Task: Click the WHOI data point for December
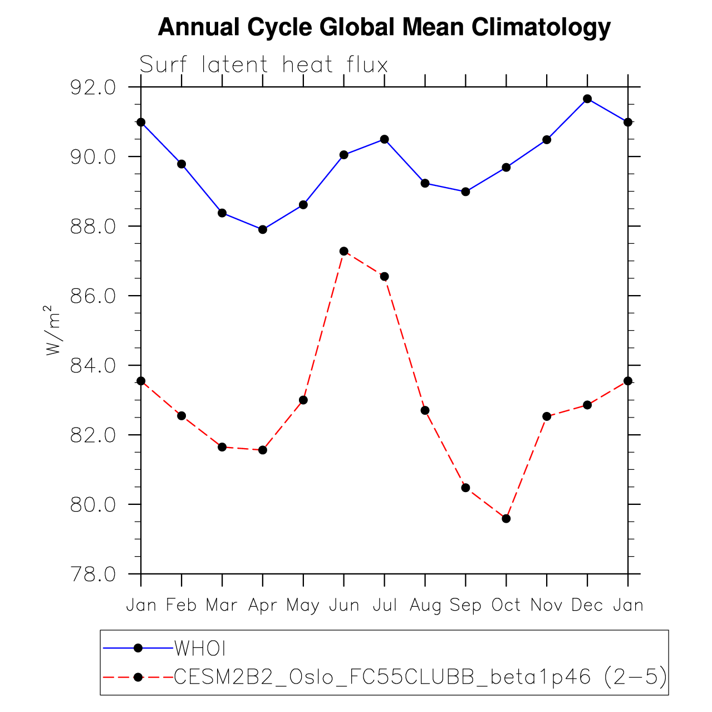(x=587, y=99)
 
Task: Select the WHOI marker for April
(x=263, y=229)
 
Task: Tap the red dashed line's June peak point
(x=344, y=251)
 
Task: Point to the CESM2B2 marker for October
(x=506, y=518)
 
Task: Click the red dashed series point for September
(x=465, y=488)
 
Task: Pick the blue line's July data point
(x=384, y=139)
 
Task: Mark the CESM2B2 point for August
(x=425, y=410)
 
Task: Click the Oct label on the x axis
(x=506, y=605)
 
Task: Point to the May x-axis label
(x=303, y=606)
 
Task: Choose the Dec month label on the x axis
(x=587, y=605)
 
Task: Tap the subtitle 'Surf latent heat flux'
(x=263, y=65)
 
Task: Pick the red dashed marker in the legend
(x=139, y=677)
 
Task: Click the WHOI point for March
(x=222, y=213)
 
